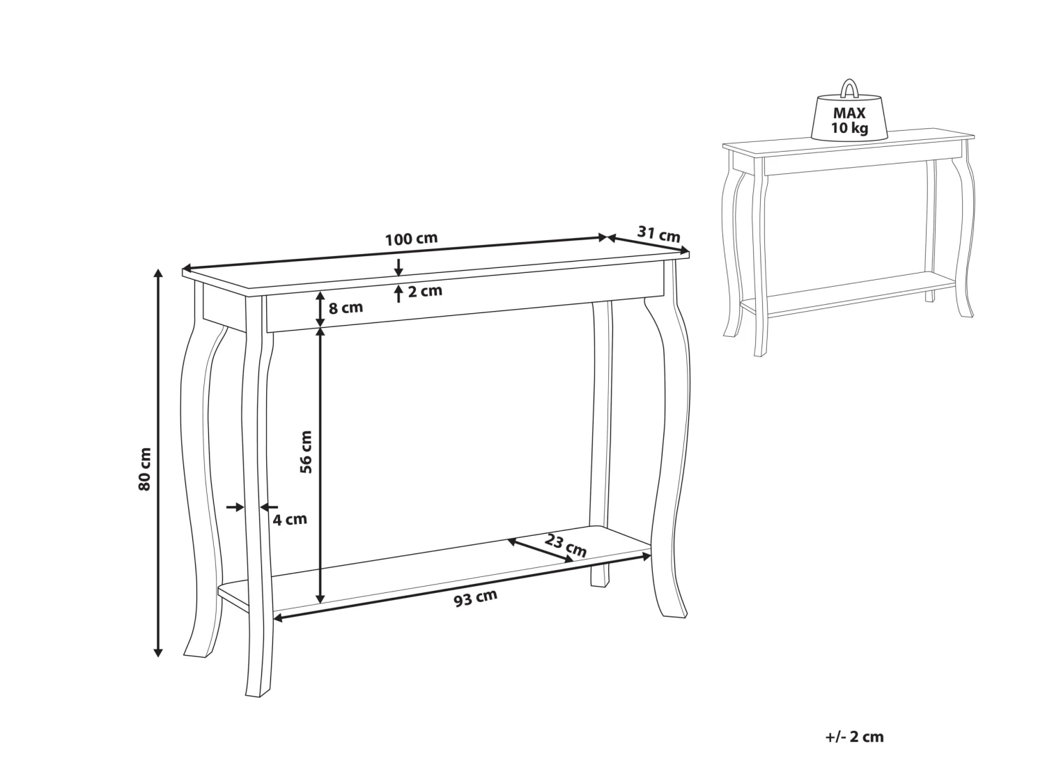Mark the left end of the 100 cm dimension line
click(183, 267)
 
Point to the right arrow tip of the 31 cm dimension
click(689, 251)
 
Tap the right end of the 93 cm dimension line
click(650, 555)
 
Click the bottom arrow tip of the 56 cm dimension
click(320, 603)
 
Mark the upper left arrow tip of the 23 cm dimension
click(508, 540)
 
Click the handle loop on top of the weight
click(849, 88)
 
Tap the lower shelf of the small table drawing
click(849, 294)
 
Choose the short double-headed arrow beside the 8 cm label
click(320, 308)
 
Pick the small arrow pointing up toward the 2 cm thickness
click(398, 294)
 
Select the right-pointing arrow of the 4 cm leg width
click(235, 507)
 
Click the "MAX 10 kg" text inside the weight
click(849, 120)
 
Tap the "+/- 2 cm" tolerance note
click(854, 737)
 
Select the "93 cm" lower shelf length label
click(475, 598)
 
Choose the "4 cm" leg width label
click(289, 520)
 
